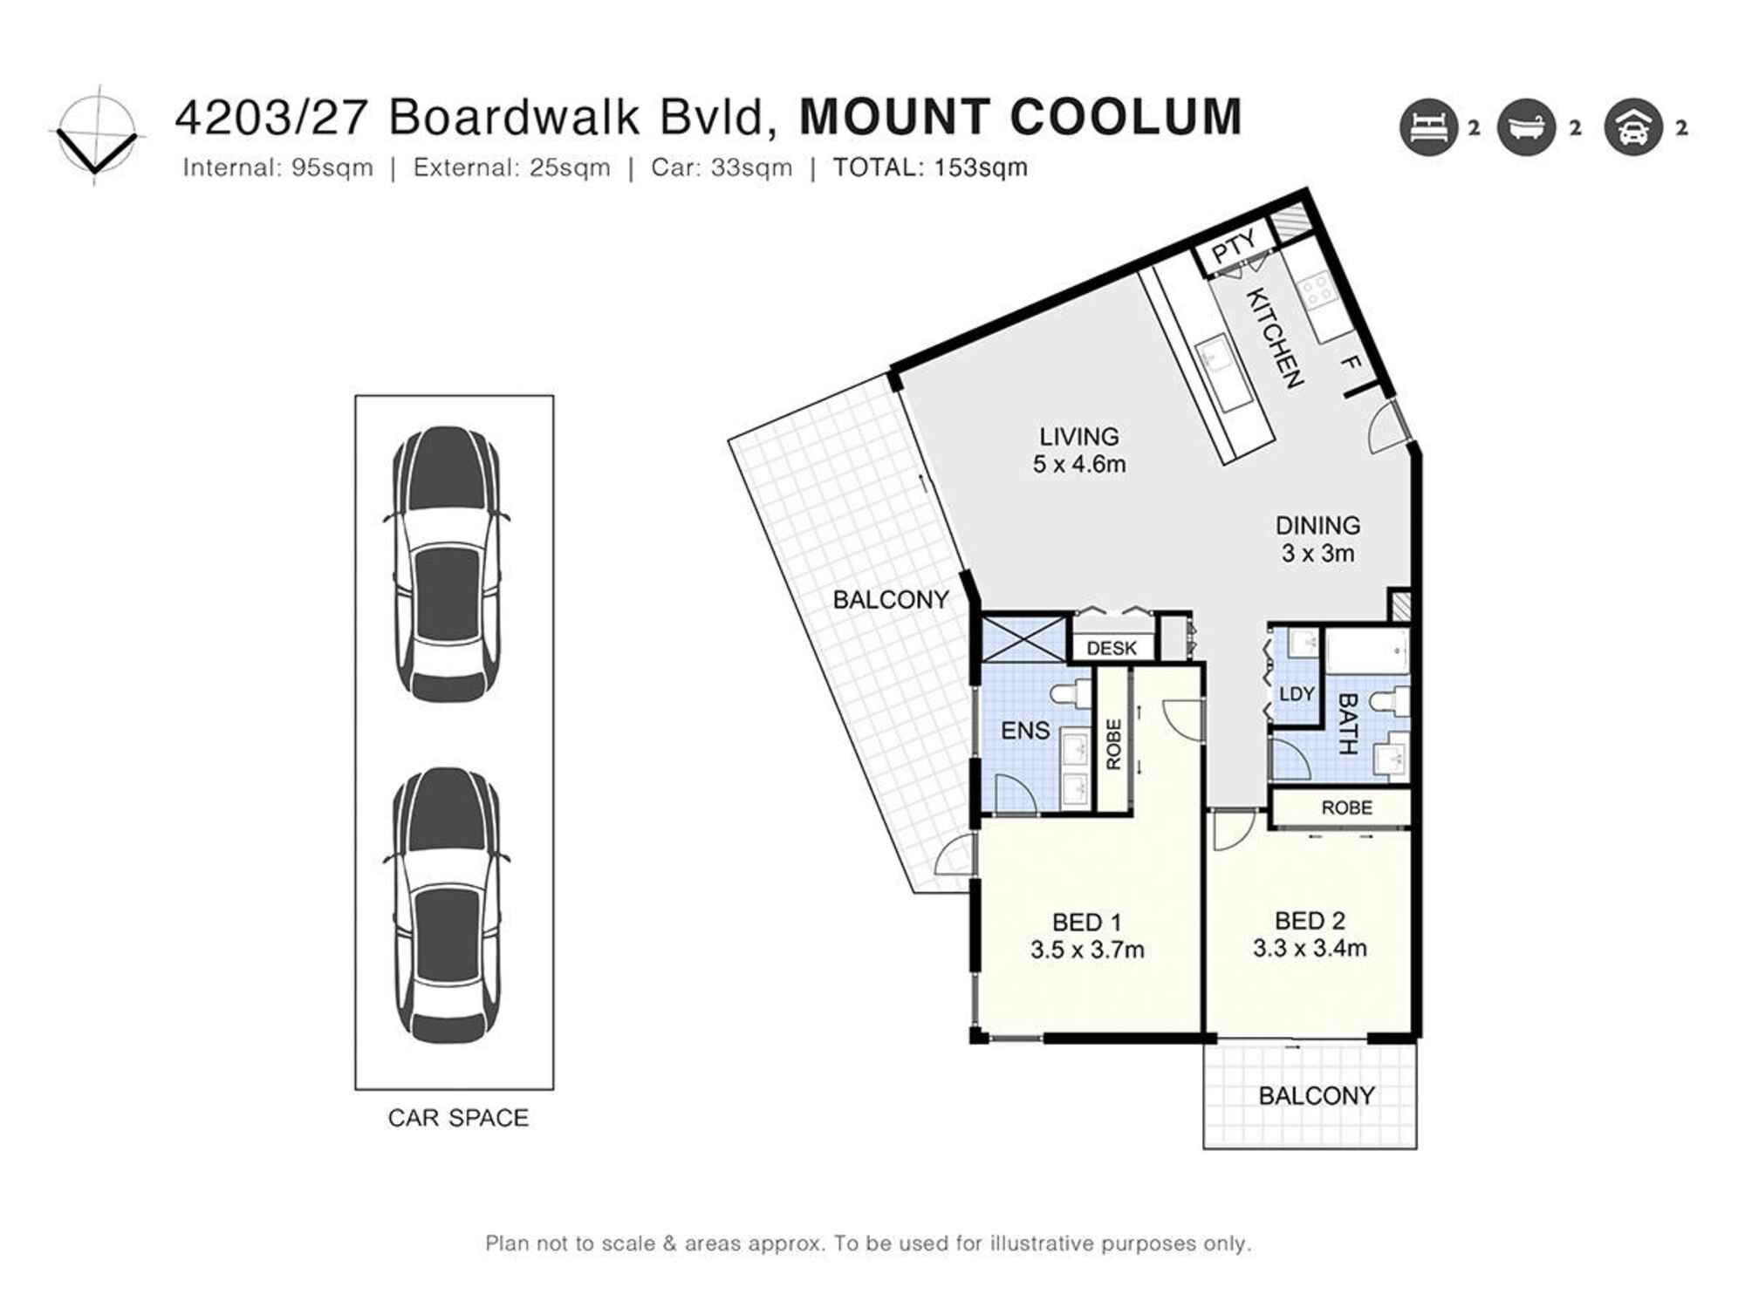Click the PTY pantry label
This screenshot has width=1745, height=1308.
[x=1234, y=245]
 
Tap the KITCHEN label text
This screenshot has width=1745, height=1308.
[x=1275, y=337]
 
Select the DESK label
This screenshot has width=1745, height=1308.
[x=1112, y=648]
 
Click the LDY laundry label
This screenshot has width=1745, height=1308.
[x=1297, y=694]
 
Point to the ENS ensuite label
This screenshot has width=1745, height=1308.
[x=1025, y=731]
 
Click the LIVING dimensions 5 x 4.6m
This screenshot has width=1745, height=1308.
[x=1079, y=465]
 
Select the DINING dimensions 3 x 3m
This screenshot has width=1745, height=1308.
[x=1317, y=554]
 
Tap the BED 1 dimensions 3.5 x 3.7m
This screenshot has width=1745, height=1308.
[x=1087, y=950]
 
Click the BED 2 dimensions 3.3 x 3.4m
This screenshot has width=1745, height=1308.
[x=1310, y=948]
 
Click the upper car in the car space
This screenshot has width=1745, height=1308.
[x=448, y=563]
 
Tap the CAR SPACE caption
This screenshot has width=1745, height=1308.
[x=458, y=1118]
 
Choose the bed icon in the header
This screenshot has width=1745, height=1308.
[x=1428, y=128]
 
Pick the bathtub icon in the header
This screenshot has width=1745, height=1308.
[x=1526, y=128]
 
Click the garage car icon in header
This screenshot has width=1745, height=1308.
[x=1632, y=128]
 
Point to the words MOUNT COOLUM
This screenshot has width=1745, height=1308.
[x=1020, y=118]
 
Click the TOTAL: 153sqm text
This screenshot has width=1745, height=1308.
[x=930, y=167]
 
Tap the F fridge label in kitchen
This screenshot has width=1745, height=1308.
[x=1350, y=362]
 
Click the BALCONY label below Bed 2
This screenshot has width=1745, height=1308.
[x=1316, y=1096]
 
